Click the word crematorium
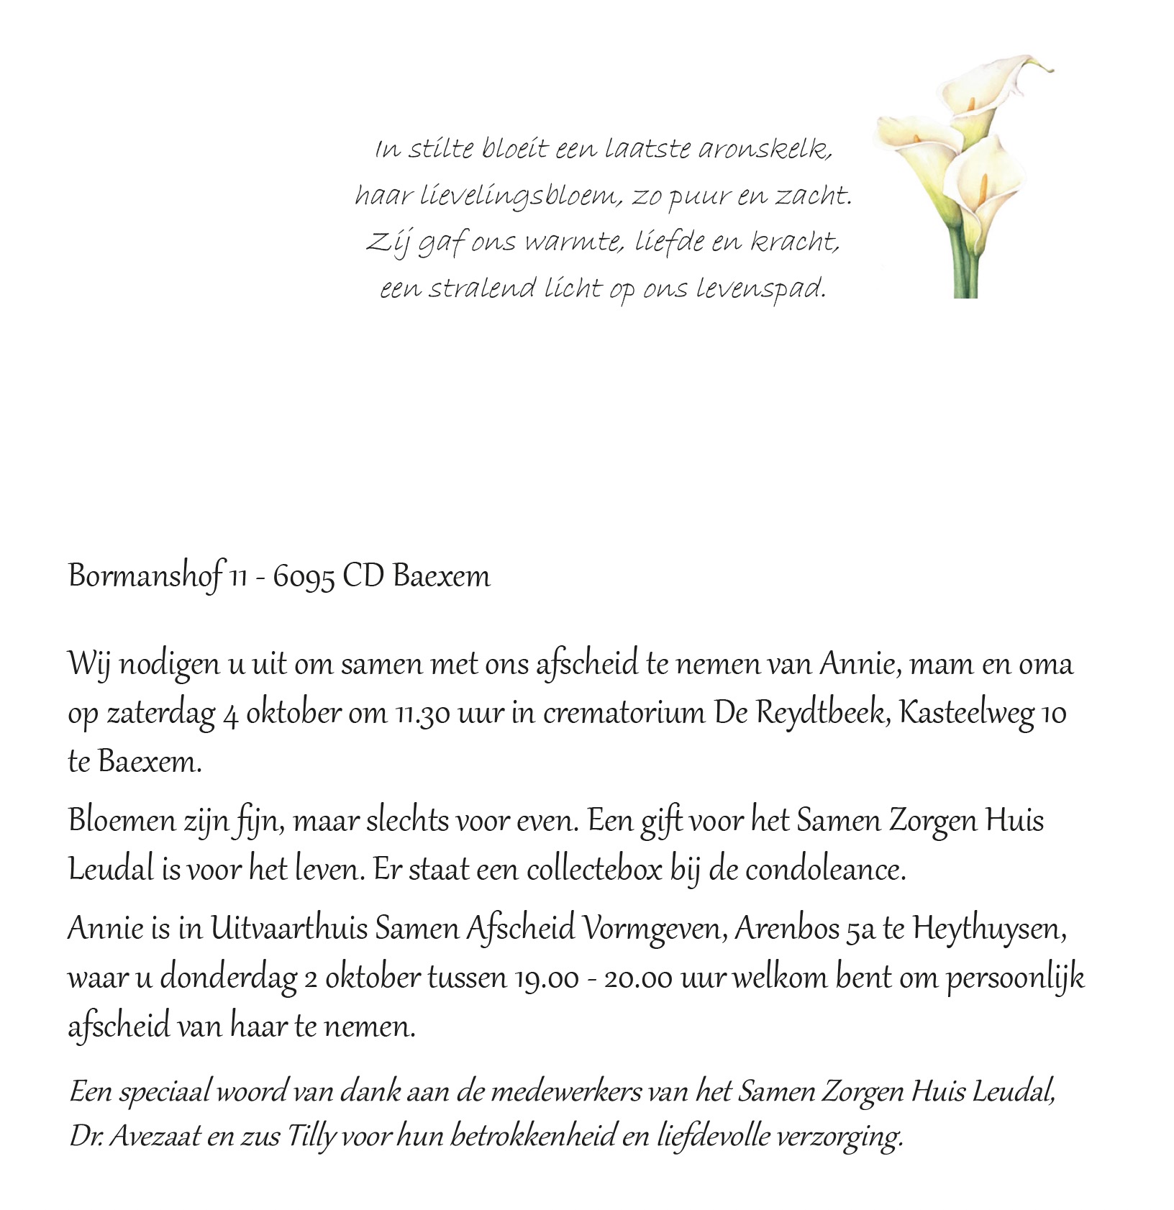click(624, 714)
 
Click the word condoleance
click(824, 870)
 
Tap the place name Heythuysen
click(989, 929)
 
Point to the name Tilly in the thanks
click(311, 1137)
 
